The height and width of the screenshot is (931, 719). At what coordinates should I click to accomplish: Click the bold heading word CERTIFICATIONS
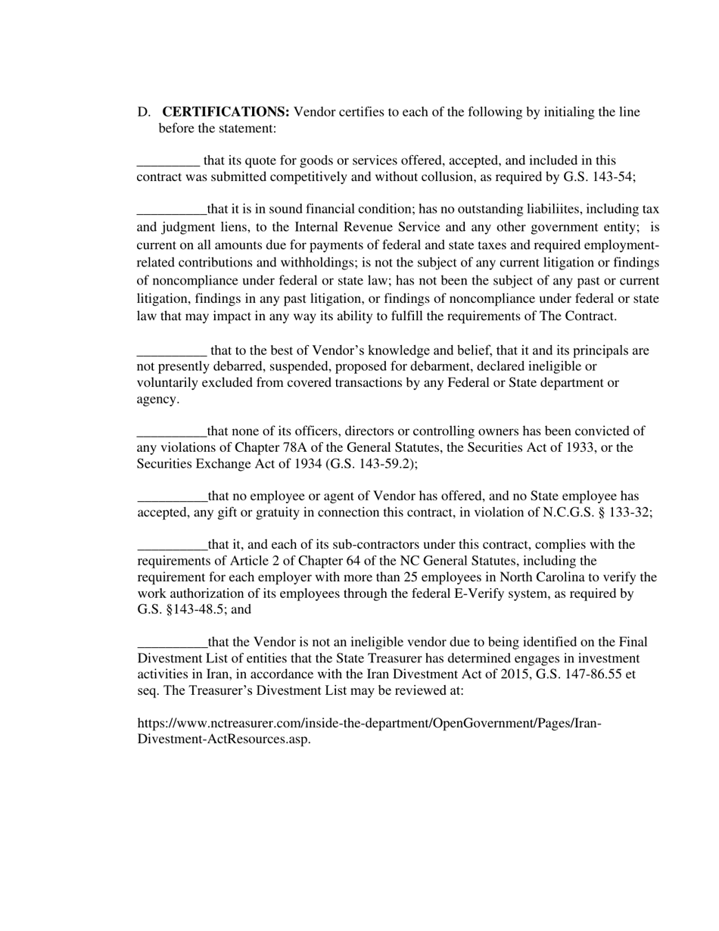pos(226,113)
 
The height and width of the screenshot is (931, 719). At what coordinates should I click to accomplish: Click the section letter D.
pos(144,113)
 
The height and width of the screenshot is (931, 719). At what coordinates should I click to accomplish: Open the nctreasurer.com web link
pos(369,724)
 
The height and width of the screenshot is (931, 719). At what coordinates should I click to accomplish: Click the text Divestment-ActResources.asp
pos(223,740)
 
